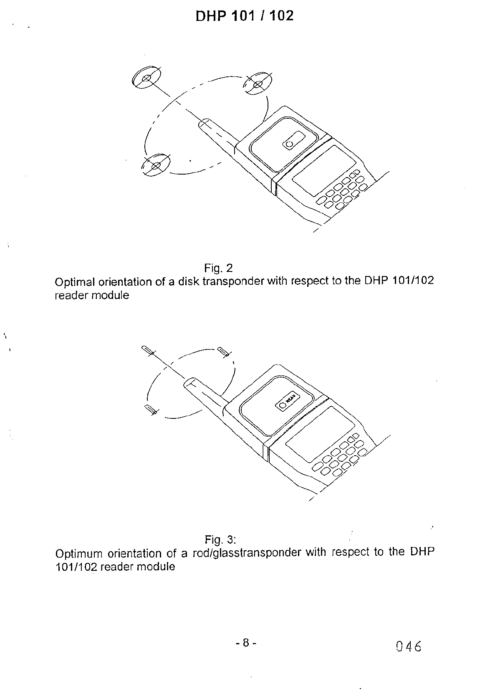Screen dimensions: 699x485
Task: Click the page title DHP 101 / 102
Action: click(244, 16)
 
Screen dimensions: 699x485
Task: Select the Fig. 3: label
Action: click(221, 539)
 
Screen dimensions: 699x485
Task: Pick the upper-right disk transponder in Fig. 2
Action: click(257, 84)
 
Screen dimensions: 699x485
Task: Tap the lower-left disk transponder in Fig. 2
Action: click(156, 165)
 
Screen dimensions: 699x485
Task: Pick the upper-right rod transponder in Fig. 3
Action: click(224, 352)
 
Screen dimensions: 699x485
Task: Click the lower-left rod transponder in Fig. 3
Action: click(150, 409)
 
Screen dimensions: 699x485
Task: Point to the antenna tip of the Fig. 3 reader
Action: click(190, 382)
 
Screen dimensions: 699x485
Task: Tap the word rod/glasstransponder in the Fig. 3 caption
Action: click(246, 553)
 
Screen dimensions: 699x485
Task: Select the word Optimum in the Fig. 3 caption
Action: click(78, 554)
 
